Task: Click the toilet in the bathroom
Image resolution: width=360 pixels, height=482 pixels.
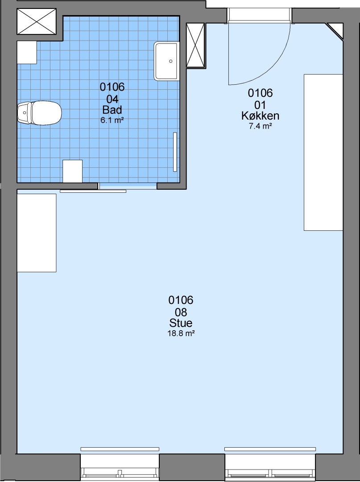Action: (x=39, y=113)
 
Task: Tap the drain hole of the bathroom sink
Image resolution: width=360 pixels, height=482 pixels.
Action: (x=171, y=61)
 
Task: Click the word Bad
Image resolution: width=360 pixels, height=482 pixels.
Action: (x=112, y=110)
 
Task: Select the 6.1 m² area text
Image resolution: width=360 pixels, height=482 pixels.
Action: (x=112, y=120)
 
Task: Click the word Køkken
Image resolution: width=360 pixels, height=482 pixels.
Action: (x=260, y=116)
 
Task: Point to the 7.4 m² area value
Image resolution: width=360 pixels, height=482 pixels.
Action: (x=260, y=126)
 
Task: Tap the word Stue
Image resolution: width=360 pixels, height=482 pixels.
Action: (x=181, y=323)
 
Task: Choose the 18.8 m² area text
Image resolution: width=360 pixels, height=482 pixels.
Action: (x=181, y=333)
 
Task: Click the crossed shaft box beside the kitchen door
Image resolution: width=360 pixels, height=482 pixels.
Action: (x=195, y=45)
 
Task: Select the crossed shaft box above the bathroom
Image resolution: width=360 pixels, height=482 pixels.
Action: (x=37, y=21)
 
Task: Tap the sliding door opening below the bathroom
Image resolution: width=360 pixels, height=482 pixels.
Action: (x=128, y=186)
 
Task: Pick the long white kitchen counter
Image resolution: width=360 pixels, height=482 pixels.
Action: (x=323, y=152)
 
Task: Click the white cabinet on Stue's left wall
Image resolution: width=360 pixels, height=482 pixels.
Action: (x=37, y=233)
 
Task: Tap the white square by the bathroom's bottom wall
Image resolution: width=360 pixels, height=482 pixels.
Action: (x=73, y=171)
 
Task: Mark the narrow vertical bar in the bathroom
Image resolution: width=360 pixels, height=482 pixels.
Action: (x=175, y=152)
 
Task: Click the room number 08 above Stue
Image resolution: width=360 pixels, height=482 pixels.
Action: (x=181, y=312)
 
